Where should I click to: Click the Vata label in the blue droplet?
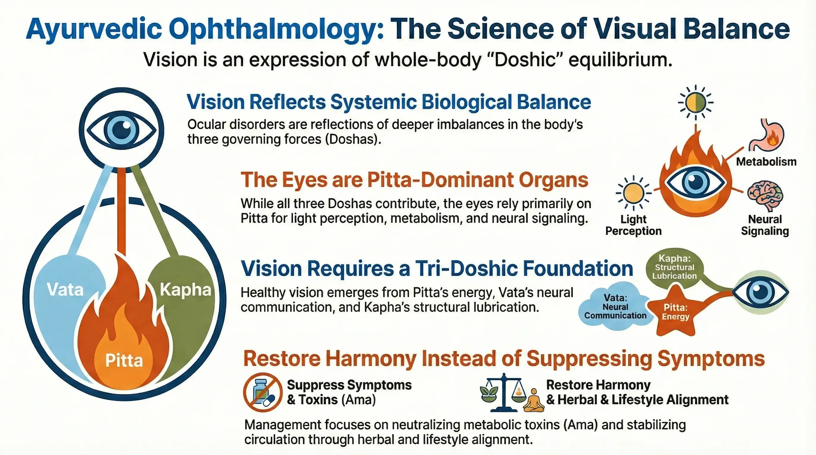click(x=65, y=289)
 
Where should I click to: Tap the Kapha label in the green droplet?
click(x=185, y=290)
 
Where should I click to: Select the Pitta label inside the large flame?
click(x=124, y=361)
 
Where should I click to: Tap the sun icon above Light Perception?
click(x=634, y=193)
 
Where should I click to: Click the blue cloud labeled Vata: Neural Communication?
click(x=615, y=306)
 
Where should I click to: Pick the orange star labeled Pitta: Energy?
click(x=675, y=312)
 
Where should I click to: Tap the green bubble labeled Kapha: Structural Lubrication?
click(x=674, y=267)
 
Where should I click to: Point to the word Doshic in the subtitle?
click(x=524, y=60)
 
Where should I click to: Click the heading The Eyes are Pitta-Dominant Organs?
click(x=414, y=180)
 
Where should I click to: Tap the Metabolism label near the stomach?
click(x=766, y=162)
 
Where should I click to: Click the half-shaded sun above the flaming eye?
click(x=696, y=103)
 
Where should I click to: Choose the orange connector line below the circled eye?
click(x=121, y=210)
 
